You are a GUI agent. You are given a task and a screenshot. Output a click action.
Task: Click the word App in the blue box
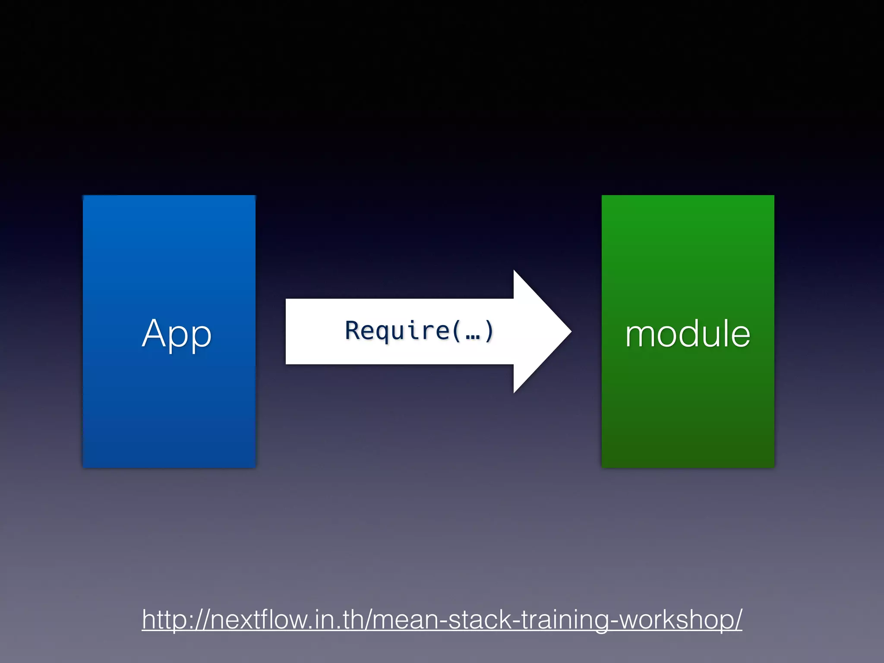coord(177,333)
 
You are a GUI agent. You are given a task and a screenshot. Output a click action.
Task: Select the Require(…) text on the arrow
coord(419,331)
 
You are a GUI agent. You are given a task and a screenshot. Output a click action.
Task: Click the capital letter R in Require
coord(353,331)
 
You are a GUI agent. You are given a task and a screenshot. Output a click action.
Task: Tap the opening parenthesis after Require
coord(457,331)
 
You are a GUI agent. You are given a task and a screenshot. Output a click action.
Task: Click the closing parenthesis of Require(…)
coord(489,331)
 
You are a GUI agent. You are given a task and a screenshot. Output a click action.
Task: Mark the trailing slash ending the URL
coord(738,619)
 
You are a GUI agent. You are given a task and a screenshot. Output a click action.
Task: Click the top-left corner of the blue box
coord(84,196)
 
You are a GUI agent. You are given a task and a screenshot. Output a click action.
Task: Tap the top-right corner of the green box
coord(773,196)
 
